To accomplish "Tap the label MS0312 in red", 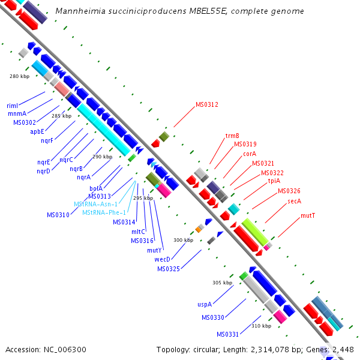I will point(207,104).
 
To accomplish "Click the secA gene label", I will point(294,201).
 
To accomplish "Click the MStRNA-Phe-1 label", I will point(104,212).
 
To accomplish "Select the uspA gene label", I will point(205,304).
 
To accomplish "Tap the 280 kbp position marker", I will point(19,76).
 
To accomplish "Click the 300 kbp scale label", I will point(183,240).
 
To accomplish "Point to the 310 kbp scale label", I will point(261,326).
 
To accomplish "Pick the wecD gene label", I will point(163,259).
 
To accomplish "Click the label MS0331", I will point(228,334).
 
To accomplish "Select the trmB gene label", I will point(232,136).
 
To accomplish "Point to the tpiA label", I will point(274,181).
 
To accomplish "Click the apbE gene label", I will point(37,131).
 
